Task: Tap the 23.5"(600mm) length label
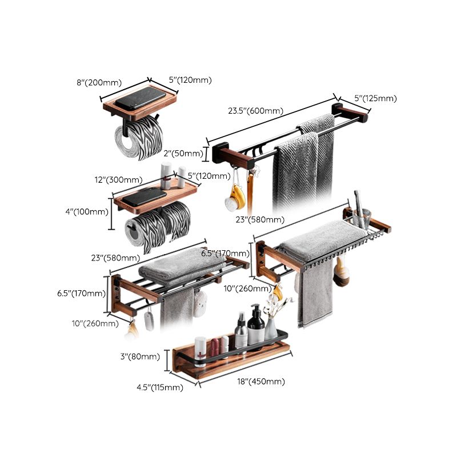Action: [x=255, y=111]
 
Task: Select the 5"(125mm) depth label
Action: [x=375, y=98]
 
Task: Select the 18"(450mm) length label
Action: [x=260, y=382]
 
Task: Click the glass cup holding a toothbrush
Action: [x=360, y=217]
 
